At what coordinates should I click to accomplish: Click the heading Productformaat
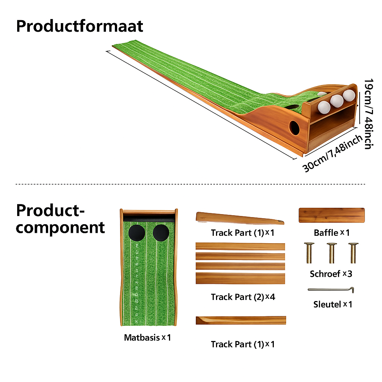(79, 26)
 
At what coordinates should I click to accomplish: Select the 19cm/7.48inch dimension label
(368, 114)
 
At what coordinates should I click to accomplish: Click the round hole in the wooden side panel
(294, 128)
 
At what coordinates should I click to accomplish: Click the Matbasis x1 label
(147, 338)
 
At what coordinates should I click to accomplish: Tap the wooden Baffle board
(332, 215)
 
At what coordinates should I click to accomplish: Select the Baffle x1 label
(332, 233)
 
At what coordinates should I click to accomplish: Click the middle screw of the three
(331, 253)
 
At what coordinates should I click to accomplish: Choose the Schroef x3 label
(331, 274)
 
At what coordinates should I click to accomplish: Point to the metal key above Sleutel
(331, 289)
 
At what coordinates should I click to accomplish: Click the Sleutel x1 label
(332, 304)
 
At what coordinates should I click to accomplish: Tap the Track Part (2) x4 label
(243, 297)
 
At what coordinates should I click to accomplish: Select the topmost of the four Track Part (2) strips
(240, 246)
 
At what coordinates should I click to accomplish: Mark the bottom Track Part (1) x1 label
(243, 344)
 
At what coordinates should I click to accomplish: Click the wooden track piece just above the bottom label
(241, 320)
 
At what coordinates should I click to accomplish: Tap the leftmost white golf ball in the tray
(324, 107)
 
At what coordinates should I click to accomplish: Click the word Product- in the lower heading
(50, 210)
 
